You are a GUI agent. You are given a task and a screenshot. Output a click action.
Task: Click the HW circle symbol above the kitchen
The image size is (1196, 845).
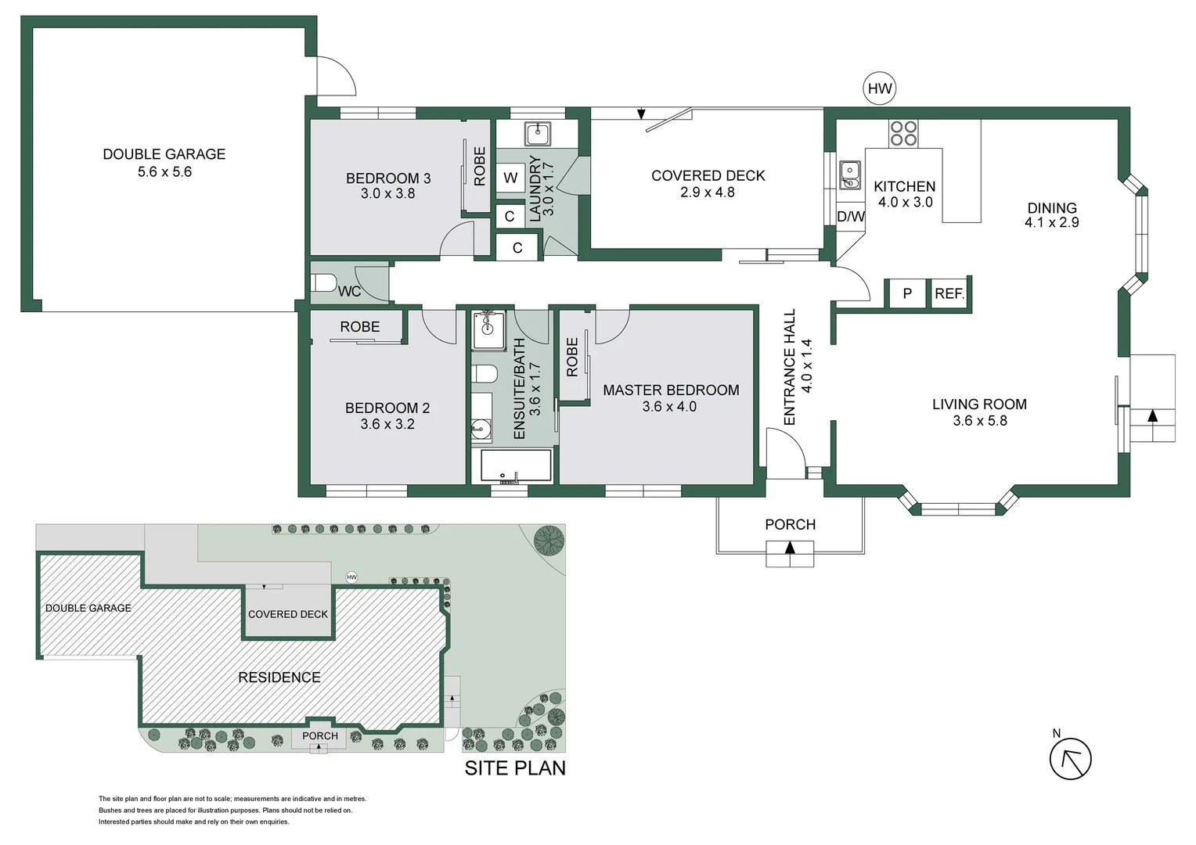tap(879, 88)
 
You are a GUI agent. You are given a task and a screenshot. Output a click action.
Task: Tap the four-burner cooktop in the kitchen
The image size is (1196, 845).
tap(903, 134)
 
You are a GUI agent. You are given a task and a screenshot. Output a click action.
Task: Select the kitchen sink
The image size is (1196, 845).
tap(849, 175)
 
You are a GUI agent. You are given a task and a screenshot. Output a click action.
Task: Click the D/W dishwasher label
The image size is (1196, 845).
tap(851, 217)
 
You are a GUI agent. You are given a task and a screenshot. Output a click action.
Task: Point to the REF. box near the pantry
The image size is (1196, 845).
tap(949, 293)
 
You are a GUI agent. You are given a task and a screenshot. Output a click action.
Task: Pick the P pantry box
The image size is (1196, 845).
tap(907, 293)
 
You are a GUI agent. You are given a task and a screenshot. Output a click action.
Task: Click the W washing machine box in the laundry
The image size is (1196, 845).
tap(510, 178)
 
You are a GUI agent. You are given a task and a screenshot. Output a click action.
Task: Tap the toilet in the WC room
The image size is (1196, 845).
tap(323, 282)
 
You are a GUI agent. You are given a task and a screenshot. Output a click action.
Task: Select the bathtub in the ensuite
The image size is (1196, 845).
tap(516, 466)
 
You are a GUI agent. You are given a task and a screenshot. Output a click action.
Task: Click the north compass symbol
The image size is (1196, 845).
tap(1070, 758)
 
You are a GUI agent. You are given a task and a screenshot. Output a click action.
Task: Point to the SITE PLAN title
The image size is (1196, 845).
tap(515, 768)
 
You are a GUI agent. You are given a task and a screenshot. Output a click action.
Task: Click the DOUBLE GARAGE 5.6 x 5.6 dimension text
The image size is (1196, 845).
tap(164, 172)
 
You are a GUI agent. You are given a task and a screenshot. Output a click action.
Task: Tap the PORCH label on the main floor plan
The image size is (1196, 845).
tap(791, 525)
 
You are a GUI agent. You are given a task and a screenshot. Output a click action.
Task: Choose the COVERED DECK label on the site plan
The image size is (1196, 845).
tap(288, 614)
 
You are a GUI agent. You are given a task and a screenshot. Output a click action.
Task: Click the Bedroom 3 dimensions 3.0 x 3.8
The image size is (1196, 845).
tap(387, 193)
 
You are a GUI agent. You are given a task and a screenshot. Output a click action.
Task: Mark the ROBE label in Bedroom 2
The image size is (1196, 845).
tap(360, 327)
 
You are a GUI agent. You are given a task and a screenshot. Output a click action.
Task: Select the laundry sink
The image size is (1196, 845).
tap(538, 134)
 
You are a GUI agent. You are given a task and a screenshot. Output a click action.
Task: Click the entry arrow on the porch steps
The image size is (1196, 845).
tap(790, 547)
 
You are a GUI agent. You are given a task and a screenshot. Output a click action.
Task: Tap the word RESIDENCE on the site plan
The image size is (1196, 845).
tap(279, 678)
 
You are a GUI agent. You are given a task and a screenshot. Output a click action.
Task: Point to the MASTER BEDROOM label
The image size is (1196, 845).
tap(671, 390)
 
